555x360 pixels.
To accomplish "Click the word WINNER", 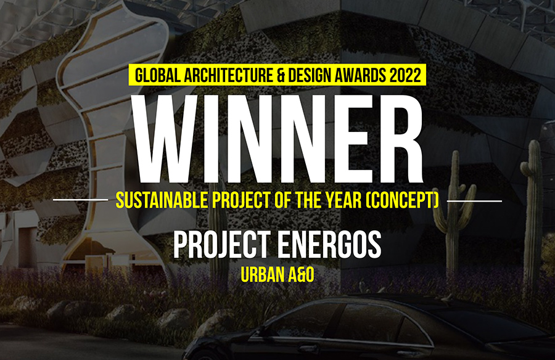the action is click(x=278, y=139).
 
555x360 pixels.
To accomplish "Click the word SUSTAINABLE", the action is click(x=162, y=200).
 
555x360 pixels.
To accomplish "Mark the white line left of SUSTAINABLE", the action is click(x=80, y=200).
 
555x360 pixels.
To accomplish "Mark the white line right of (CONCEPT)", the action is click(x=474, y=201).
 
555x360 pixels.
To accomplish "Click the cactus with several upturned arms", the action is click(x=453, y=213).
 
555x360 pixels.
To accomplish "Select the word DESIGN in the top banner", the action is click(x=305, y=75).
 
